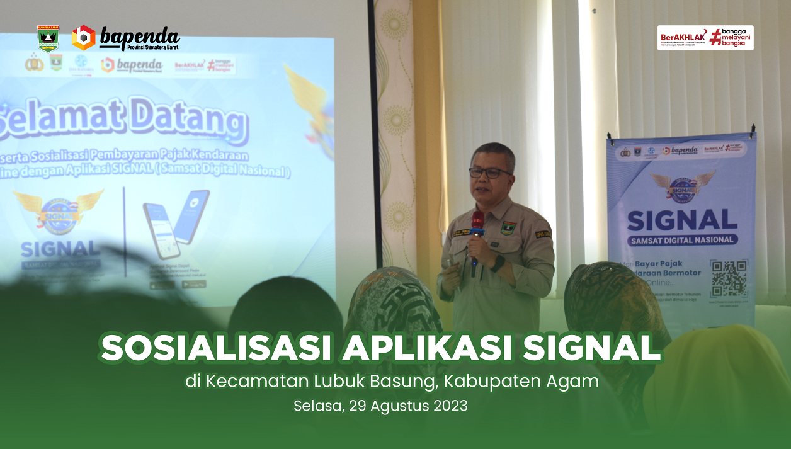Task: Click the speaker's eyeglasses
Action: pos(489,172)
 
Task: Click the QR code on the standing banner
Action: pos(729,278)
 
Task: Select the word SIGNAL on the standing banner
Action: pos(682,220)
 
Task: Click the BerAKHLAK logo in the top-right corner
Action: pos(705,38)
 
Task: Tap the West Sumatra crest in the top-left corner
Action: pos(48,38)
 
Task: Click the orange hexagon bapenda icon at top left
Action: pos(83,38)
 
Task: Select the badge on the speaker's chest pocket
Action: pos(508,228)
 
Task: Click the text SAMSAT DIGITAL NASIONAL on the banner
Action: pos(682,240)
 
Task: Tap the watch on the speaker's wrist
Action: pos(498,263)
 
